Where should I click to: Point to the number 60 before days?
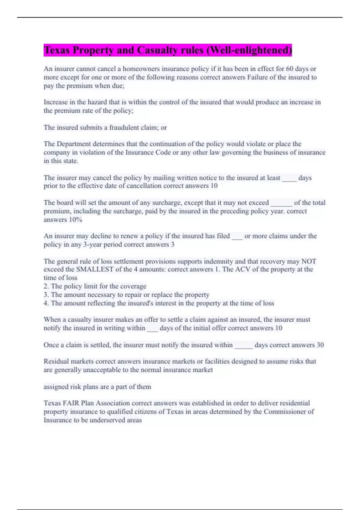click(289, 69)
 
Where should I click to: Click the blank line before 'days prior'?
click(289, 178)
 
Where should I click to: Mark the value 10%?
click(75, 220)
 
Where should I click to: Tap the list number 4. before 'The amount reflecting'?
click(46, 303)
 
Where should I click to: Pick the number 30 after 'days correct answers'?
click(320, 345)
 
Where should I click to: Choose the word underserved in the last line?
click(107, 420)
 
